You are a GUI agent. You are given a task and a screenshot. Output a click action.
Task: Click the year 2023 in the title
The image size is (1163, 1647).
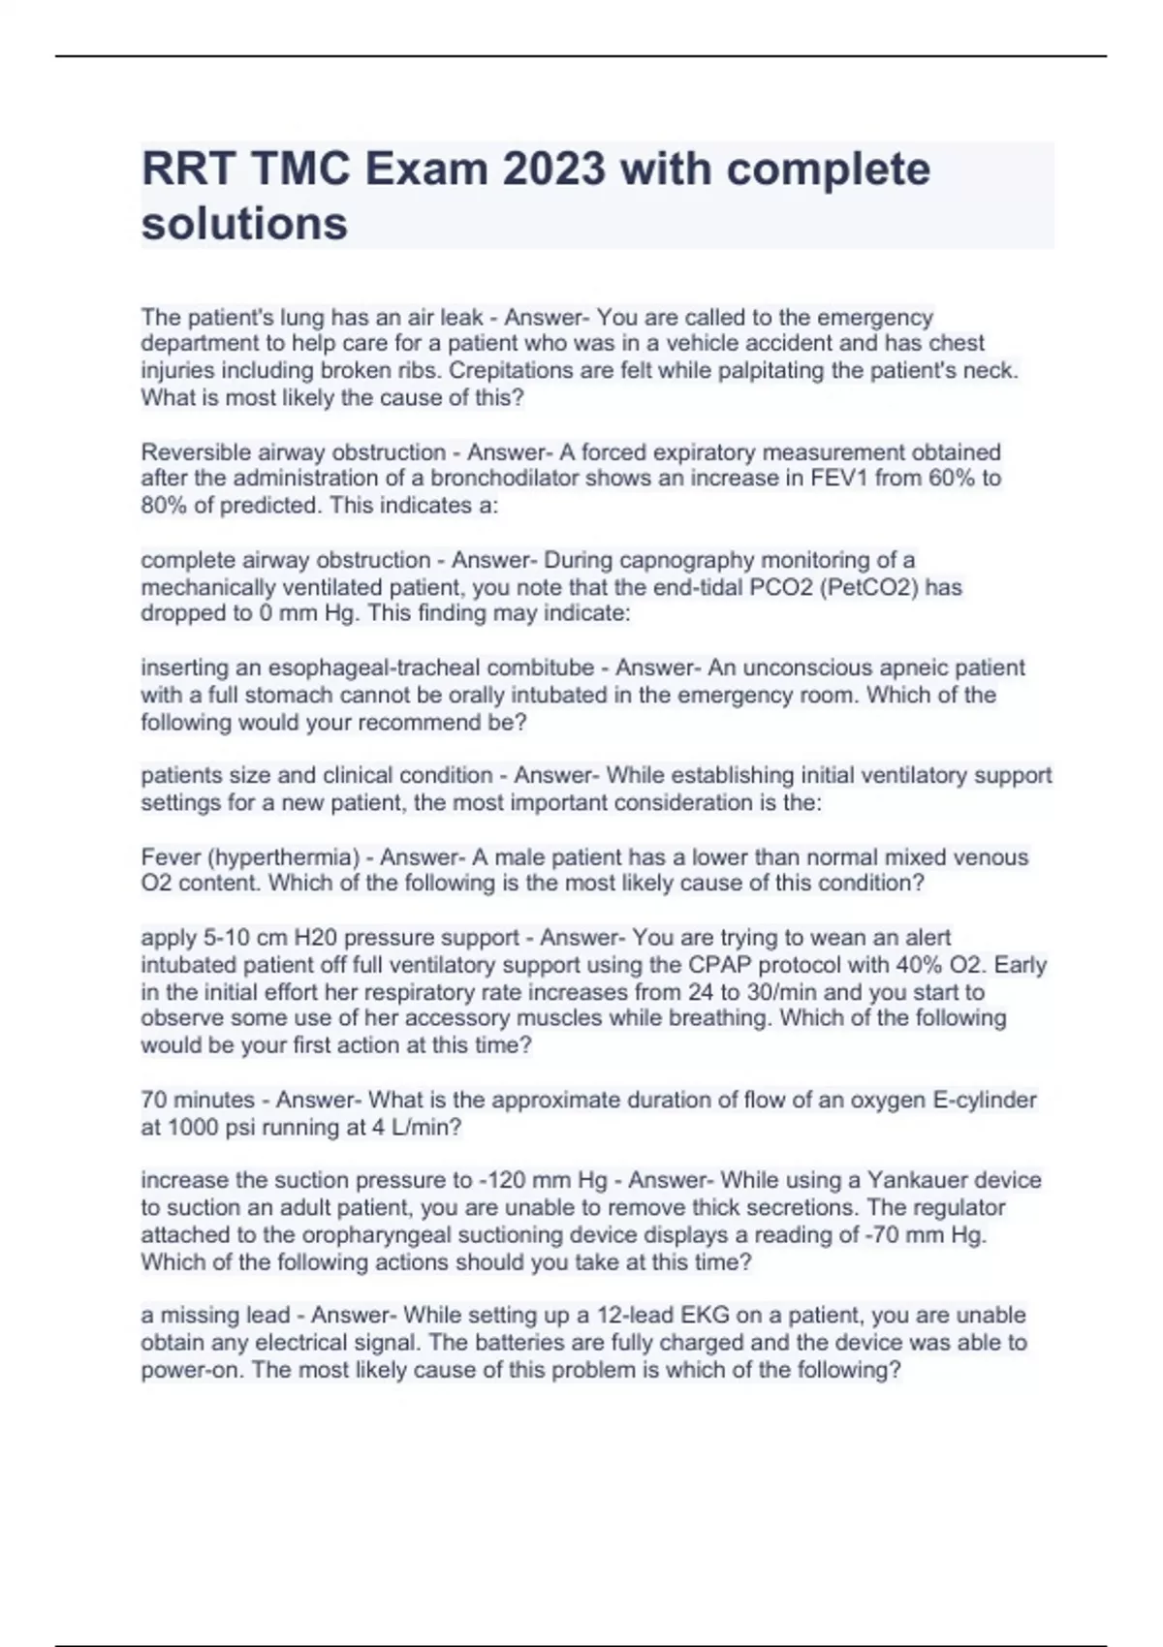pyautogui.click(x=554, y=170)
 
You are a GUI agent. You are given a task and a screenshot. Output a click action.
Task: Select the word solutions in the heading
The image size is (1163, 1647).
pyautogui.click(x=244, y=224)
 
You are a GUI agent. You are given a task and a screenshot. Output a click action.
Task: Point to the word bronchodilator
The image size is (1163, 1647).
pyautogui.click(x=493, y=479)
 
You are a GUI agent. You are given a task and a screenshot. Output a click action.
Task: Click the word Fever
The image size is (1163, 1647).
pyautogui.click(x=170, y=857)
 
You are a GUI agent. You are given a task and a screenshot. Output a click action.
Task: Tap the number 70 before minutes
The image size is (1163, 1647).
pyautogui.click(x=154, y=1101)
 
